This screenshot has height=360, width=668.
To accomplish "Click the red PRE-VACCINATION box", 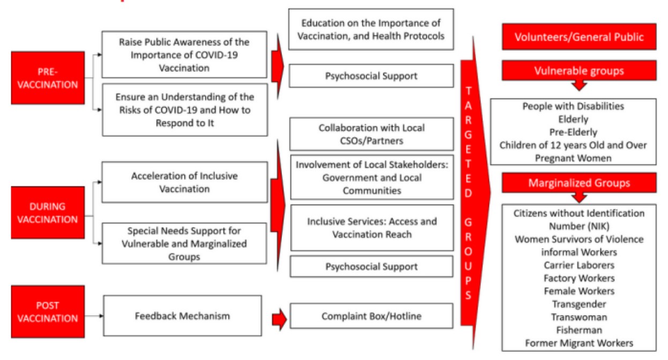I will coord(48,78).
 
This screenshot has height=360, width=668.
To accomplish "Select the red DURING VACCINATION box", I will coord(48,213).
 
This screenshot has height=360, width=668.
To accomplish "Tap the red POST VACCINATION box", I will coord(48,311).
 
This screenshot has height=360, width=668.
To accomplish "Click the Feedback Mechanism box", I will coord(182,316).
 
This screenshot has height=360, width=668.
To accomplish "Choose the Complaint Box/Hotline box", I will coord(371,316).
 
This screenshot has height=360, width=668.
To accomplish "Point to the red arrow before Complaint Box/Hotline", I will coord(279,320).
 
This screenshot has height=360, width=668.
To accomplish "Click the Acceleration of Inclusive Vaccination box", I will coord(184,182).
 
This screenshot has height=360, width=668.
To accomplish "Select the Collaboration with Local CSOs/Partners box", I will coord(371,134).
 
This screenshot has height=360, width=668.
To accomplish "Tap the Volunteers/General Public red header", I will coord(578,37).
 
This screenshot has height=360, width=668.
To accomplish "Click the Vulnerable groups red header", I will coord(578,71).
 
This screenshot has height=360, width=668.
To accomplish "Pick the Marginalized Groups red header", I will coord(578,183).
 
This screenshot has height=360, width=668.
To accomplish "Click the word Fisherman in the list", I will coord(579,330).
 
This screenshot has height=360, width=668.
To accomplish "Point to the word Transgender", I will coord(579,304).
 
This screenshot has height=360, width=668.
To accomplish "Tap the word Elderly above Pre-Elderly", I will coord(573,119).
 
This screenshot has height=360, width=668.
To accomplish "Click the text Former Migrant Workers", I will coord(579,343).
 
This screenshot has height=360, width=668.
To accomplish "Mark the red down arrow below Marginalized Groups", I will coord(579,197).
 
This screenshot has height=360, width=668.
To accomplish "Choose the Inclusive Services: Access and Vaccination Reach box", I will coord(372,228).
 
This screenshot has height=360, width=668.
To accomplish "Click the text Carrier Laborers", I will coord(579,265).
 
